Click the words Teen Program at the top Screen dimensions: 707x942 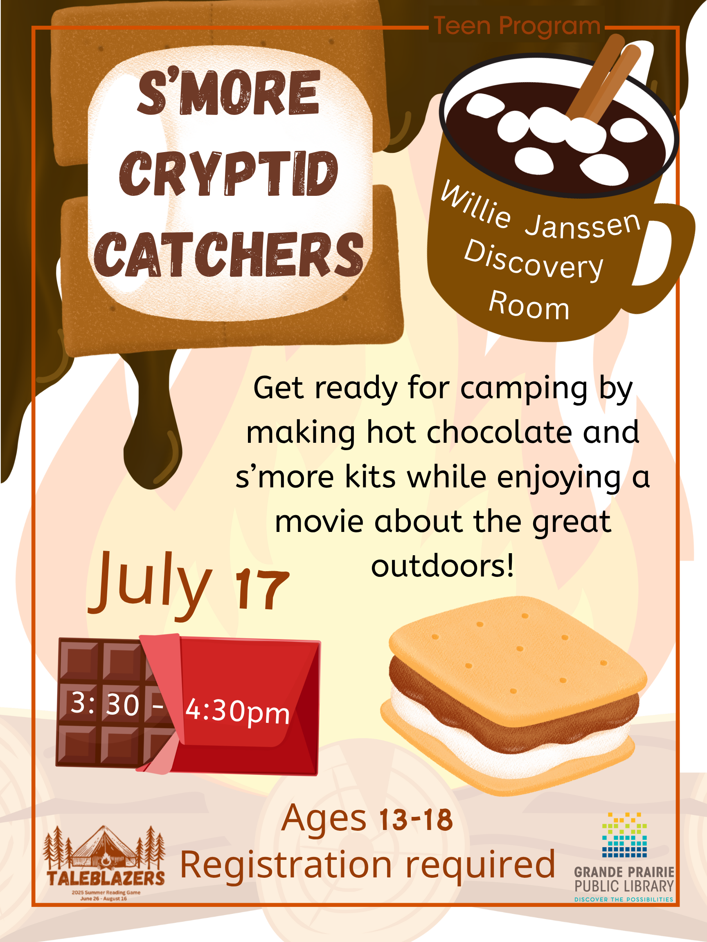[517, 27]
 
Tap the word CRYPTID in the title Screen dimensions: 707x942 [228, 173]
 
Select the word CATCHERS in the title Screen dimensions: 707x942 [228, 254]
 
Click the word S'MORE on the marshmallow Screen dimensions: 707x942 [229, 92]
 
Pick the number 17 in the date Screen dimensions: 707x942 [262, 590]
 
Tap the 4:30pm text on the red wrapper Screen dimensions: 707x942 [237, 711]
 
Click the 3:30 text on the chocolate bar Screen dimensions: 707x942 [105, 703]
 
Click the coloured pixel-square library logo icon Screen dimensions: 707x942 [624, 835]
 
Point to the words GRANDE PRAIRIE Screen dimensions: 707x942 [624, 872]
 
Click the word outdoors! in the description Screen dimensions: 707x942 [443, 566]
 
